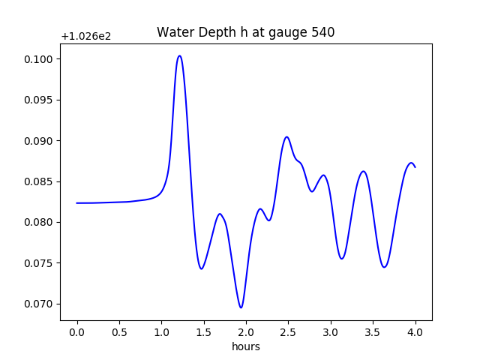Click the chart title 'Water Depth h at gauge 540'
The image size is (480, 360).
tap(245, 32)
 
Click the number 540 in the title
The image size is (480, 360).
tap(323, 32)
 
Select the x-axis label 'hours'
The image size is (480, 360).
tap(246, 347)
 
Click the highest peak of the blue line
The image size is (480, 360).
tap(179, 55)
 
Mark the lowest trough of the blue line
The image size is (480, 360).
tap(241, 307)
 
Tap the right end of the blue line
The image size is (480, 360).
tap(415, 166)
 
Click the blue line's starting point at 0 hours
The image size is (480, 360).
tap(77, 202)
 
